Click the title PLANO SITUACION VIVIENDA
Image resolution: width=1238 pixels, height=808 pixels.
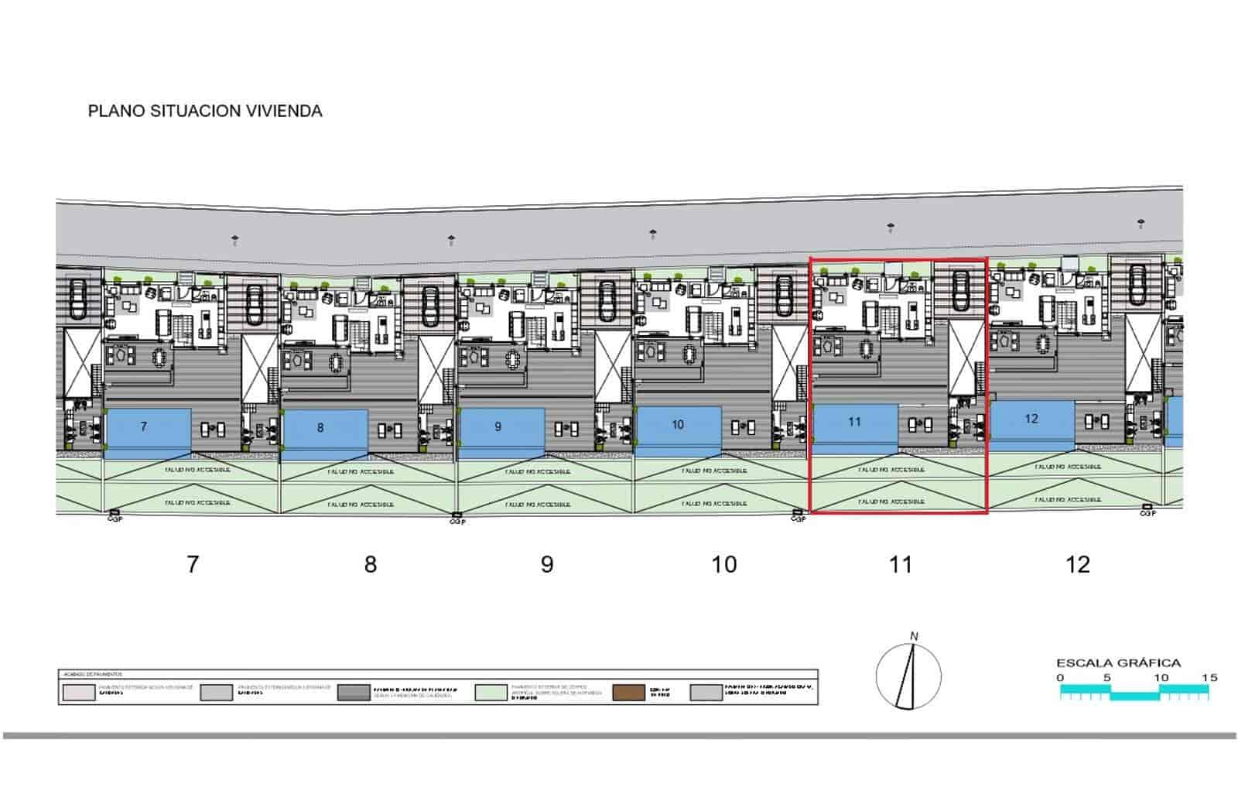[205, 111]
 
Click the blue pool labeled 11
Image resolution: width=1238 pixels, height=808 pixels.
[854, 424]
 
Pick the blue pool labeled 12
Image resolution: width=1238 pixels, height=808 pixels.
[1032, 421]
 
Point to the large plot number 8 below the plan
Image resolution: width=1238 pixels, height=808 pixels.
[371, 564]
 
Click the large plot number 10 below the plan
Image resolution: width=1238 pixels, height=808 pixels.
[724, 564]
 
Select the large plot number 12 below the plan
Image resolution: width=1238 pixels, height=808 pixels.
[1078, 564]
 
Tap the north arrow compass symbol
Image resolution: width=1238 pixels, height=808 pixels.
[909, 676]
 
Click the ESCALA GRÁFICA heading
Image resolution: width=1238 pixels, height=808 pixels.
[1119, 662]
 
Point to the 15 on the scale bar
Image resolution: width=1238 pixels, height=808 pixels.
[1209, 677]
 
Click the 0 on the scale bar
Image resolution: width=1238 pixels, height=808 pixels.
[1060, 677]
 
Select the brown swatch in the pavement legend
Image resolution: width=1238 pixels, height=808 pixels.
[628, 692]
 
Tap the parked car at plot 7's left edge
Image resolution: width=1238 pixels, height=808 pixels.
[79, 299]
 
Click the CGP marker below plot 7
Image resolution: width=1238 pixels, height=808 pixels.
[114, 515]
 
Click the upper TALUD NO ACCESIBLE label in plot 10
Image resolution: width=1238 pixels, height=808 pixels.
[714, 471]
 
